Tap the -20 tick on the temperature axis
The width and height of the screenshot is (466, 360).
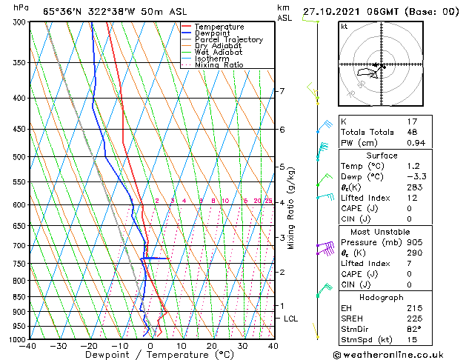89,345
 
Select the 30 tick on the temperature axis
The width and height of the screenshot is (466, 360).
242,345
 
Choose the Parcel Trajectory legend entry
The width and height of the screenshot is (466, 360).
228,40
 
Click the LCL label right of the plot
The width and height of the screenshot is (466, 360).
291,319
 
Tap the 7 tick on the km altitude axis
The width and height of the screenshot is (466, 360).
282,91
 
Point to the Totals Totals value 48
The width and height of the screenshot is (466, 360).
413,132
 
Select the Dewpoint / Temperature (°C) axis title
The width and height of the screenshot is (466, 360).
151,355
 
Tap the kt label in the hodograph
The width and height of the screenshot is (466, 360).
344,27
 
